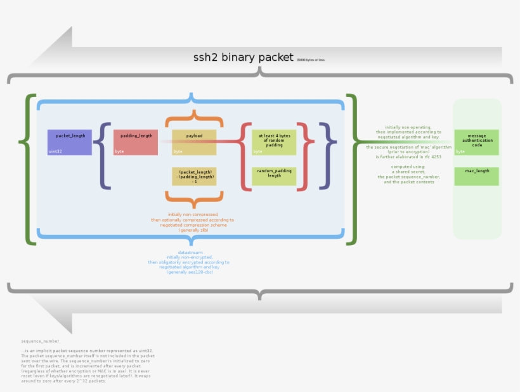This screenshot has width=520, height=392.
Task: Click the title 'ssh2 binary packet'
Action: tap(243, 58)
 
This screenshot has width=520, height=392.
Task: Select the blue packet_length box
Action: tap(70, 142)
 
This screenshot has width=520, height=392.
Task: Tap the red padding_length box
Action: tap(136, 142)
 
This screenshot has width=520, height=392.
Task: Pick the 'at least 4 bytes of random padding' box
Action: tap(274, 142)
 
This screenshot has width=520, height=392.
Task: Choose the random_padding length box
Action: tap(274, 176)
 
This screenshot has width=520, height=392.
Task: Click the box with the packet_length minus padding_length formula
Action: tap(194, 176)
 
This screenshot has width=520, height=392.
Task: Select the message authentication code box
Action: tap(476, 142)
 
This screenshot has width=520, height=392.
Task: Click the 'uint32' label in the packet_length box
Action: tap(55, 151)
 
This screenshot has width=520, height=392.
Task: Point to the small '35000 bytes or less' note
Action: tap(310, 60)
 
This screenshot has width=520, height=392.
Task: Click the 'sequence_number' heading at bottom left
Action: tap(40, 341)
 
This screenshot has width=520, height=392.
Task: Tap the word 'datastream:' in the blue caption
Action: tap(190, 252)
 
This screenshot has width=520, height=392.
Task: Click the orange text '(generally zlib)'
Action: tap(193, 230)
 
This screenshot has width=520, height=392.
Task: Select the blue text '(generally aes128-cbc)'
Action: tap(190, 272)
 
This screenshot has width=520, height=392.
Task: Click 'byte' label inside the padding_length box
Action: tap(119, 151)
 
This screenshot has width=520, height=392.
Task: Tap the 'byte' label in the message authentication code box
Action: tap(460, 151)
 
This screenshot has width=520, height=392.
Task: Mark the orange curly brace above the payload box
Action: tap(194, 120)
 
